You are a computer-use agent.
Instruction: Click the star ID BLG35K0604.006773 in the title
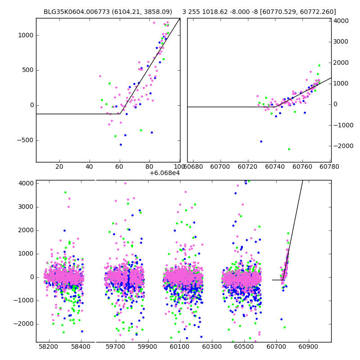click(x=68, y=12)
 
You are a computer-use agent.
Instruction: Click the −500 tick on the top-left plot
click(x=23, y=140)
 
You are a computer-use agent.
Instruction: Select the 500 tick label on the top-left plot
click(x=26, y=70)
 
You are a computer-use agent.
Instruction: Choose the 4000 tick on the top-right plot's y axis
click(x=342, y=21)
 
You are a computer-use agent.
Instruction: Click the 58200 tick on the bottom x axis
click(x=49, y=347)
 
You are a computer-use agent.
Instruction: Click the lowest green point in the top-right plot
click(x=289, y=149)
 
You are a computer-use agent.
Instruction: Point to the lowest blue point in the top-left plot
click(x=121, y=144)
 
